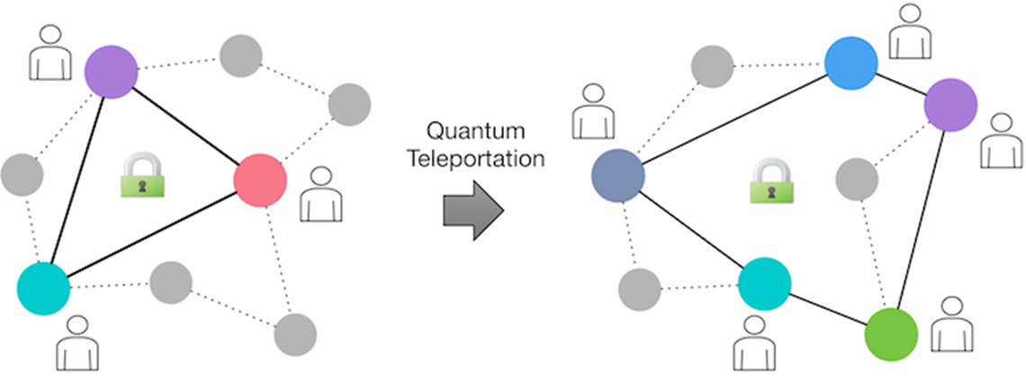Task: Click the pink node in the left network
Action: (x=260, y=181)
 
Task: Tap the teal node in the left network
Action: (x=43, y=288)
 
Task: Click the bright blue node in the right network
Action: (x=850, y=63)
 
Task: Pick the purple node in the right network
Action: (x=950, y=105)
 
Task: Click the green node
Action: (x=890, y=334)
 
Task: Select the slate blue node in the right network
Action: (x=617, y=175)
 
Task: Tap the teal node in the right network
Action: (x=764, y=284)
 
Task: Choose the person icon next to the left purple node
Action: (x=49, y=54)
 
